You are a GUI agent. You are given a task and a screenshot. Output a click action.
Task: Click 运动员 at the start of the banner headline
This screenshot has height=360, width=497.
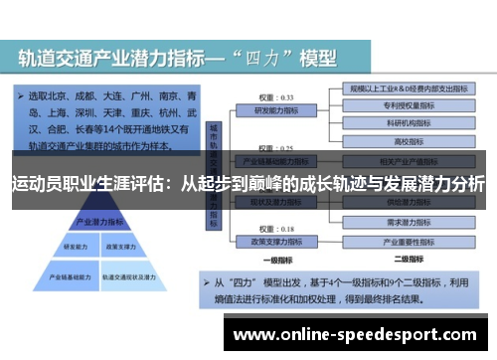pos(36,184)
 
